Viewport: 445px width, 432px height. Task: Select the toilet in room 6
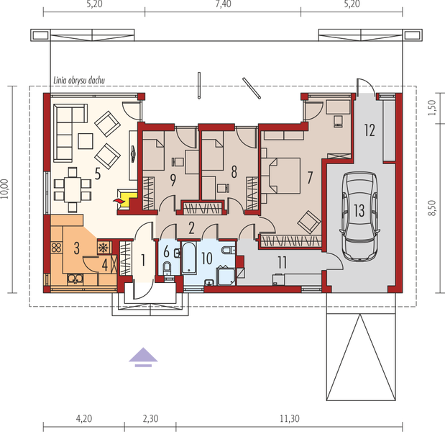167,268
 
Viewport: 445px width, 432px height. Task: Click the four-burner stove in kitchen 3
57,249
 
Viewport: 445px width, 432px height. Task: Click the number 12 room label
369,130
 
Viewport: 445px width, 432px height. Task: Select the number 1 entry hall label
143,259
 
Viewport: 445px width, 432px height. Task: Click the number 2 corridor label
191,228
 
